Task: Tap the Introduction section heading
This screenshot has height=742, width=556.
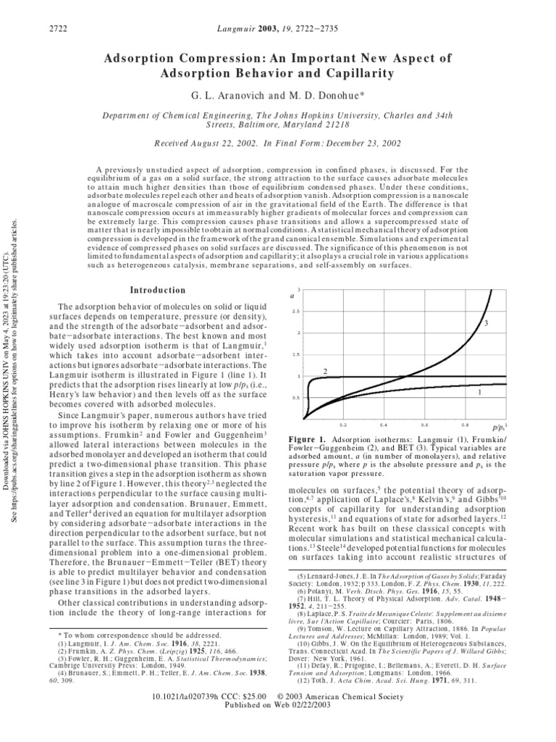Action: click(x=157, y=290)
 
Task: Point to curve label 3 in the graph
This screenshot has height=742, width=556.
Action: click(x=486, y=322)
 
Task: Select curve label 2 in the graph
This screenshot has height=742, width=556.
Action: click(x=325, y=372)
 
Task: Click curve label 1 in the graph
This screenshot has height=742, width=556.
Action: click(x=480, y=391)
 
